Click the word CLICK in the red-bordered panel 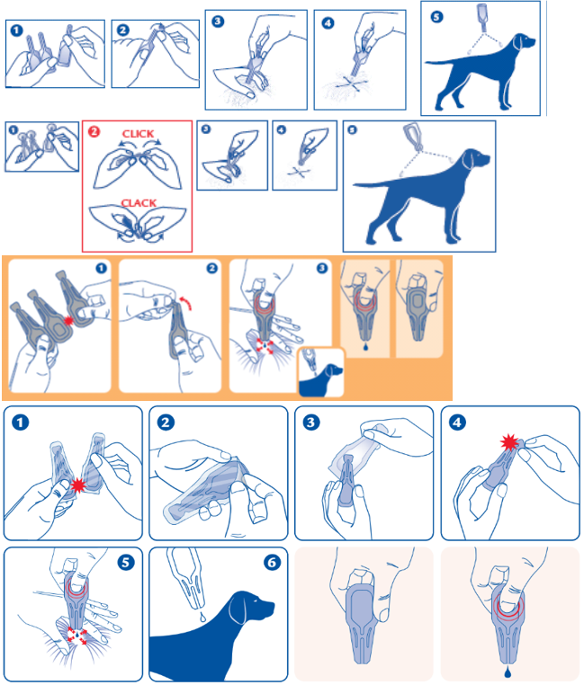click(x=138, y=134)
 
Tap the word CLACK click(x=139, y=203)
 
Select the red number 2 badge click(x=94, y=131)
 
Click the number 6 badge click(x=272, y=562)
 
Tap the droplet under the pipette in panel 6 click(x=202, y=617)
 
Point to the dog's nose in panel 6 click(x=272, y=606)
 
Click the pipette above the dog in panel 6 click(x=186, y=578)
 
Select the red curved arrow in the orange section click(x=186, y=301)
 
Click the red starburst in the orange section click(x=68, y=321)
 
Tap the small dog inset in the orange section click(x=321, y=372)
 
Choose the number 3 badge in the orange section click(x=322, y=268)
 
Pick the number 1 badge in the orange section click(x=102, y=268)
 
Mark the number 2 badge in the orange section click(x=212, y=268)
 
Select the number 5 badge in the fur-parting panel click(x=126, y=562)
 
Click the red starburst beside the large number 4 click(x=509, y=442)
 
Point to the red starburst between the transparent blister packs click(x=78, y=485)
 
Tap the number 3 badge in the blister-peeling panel click(x=311, y=423)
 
